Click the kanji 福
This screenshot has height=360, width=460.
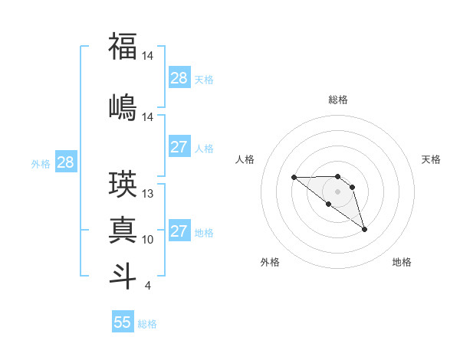pos(123,47)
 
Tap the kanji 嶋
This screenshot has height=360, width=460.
pos(123,106)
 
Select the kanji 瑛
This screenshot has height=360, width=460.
pos(123,184)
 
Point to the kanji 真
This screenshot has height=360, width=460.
pos(123,229)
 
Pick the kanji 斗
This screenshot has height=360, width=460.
pos(123,275)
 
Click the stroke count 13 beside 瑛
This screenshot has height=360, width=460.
pos(148,194)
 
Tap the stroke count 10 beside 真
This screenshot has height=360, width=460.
pos(148,240)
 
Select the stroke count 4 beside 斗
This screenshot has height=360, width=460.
pos(147,286)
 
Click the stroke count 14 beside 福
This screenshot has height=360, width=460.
pos(148,56)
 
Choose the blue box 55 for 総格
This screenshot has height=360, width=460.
pos(123,322)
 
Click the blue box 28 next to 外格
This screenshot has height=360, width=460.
pos(65,162)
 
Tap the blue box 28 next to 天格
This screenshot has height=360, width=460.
pos(179,78)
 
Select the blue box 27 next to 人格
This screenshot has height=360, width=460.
pos(179,147)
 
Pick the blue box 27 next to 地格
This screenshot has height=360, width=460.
pos(179,231)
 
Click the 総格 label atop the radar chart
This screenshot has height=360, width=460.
pos(338,100)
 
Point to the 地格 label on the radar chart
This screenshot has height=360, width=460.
pos(402,262)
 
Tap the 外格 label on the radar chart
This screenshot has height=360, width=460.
pos(270,262)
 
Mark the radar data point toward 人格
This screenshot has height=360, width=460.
pos(294,177)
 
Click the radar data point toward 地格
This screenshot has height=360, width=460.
pos(364,229)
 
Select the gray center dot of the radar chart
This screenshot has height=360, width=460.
pos(337,191)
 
